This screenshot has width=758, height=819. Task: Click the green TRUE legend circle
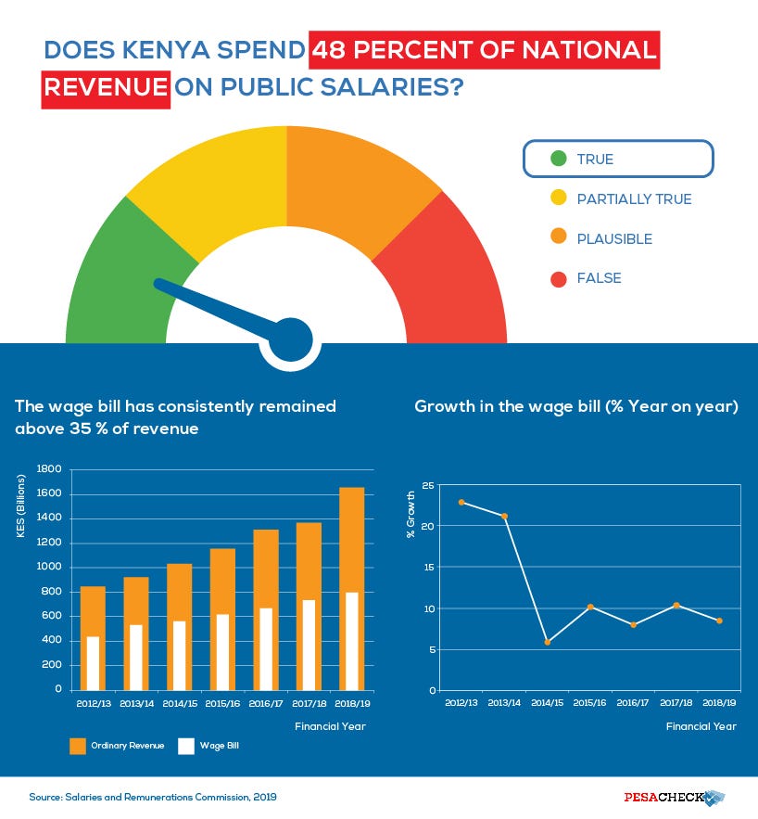558,159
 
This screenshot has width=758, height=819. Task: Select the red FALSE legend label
599,278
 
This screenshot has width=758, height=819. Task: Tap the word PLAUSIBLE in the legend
614,238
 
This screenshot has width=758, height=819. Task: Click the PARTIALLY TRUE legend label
634,198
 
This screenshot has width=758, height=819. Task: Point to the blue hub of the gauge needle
294,339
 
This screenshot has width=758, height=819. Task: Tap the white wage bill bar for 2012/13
93,662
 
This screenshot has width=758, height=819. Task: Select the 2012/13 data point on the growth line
461,502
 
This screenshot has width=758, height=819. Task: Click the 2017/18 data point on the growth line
676,605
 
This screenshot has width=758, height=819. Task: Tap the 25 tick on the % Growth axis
428,485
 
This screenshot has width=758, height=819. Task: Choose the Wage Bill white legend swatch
186,746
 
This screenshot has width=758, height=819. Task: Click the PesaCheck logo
673,797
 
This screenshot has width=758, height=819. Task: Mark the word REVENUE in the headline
106,90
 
